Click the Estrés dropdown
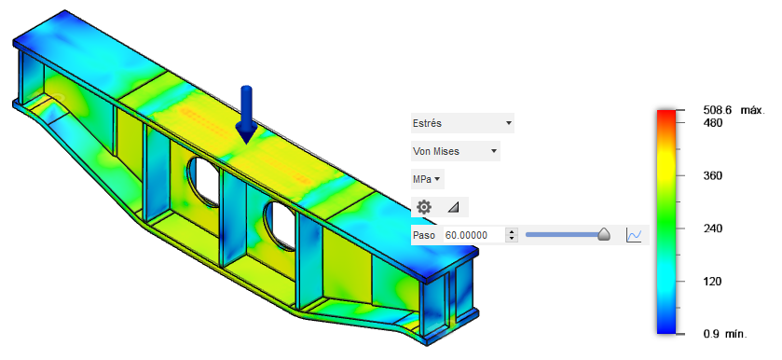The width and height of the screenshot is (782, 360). click(462, 123)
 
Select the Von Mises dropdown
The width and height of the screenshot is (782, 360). click(456, 151)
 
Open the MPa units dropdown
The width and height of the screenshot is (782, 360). click(428, 179)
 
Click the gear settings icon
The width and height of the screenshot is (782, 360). click(424, 207)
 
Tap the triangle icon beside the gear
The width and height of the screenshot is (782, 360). click(453, 207)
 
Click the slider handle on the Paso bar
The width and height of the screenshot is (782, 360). click(604, 234)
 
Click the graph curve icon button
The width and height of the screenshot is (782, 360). click(634, 235)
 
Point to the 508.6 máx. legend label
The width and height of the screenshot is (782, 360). click(734, 110)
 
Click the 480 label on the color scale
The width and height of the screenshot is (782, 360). click(713, 123)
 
